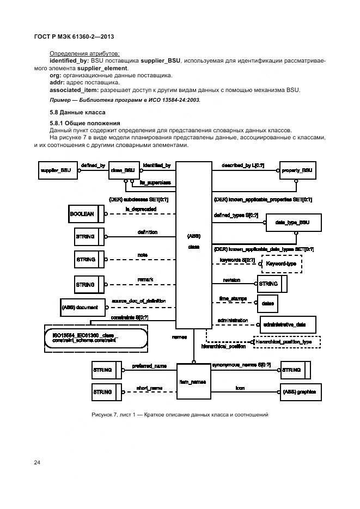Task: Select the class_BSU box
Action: click(x=123, y=170)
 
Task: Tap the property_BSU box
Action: click(x=297, y=170)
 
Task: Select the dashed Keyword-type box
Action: click(x=282, y=263)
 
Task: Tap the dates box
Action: click(x=267, y=303)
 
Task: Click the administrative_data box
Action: click(x=288, y=324)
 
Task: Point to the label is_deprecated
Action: click(x=141, y=208)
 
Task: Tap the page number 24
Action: click(x=37, y=463)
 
